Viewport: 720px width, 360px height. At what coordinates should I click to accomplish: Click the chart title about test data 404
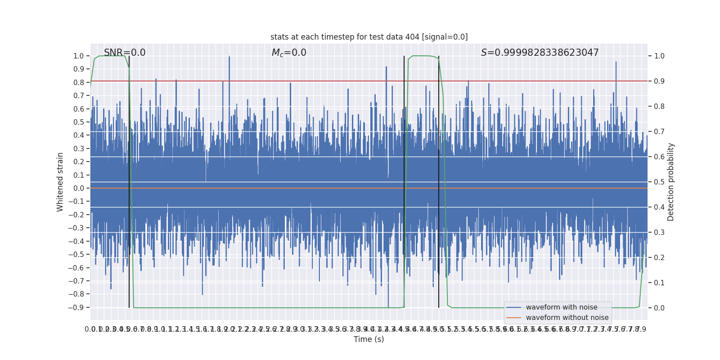click(369, 37)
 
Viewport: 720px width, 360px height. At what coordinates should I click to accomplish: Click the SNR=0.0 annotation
click(125, 53)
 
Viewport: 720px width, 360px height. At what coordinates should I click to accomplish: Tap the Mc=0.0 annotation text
click(289, 53)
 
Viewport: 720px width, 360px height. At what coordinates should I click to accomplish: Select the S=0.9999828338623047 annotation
click(540, 53)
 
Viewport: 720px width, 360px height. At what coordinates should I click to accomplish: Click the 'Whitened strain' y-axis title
click(60, 182)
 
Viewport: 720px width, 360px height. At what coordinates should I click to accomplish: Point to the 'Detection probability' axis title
click(671, 182)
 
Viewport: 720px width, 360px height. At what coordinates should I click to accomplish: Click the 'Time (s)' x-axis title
click(369, 339)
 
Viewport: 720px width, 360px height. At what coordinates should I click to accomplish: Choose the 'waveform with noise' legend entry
click(562, 307)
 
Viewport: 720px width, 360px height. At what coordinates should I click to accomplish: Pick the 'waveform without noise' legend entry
click(567, 318)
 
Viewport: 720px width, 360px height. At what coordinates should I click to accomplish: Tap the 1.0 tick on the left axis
click(79, 56)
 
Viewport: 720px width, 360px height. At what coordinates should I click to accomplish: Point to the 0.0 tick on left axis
click(79, 189)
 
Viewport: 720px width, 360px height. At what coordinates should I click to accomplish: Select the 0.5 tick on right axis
click(659, 182)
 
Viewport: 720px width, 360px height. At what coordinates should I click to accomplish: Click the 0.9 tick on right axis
click(659, 81)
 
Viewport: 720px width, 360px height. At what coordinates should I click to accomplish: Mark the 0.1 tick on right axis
click(659, 283)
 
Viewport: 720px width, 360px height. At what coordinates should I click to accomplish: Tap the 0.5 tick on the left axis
click(79, 122)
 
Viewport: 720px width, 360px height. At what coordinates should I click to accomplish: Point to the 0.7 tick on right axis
click(659, 132)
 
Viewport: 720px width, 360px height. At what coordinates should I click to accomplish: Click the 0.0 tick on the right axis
click(659, 308)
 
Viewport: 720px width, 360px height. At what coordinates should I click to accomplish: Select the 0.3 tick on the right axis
click(659, 233)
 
